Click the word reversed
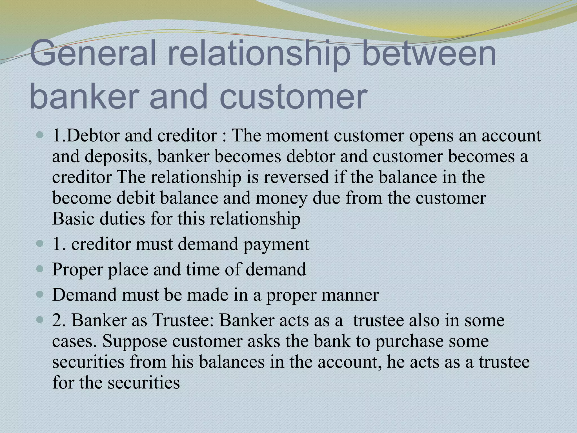(296, 177)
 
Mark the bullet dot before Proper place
(40, 269)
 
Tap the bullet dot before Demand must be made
(40, 295)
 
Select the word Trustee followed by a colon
(183, 321)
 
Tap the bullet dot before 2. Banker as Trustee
(40, 321)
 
